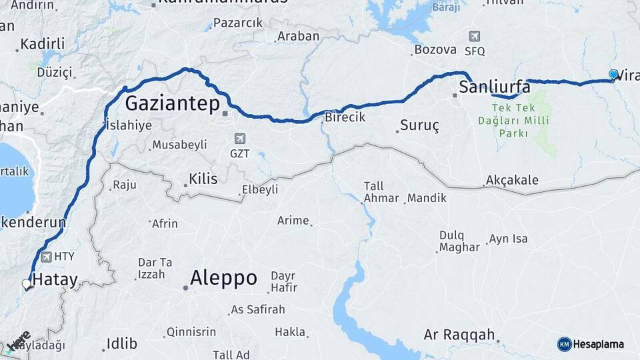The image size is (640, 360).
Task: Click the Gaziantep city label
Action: pyautogui.click(x=173, y=103)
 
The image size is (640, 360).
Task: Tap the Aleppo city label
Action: pyautogui.click(x=223, y=278)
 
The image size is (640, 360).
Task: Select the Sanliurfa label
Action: pyautogui.click(x=495, y=87)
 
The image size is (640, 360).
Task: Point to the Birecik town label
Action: pyautogui.click(x=345, y=117)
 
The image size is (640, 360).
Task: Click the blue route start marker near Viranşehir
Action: pyautogui.click(x=613, y=74)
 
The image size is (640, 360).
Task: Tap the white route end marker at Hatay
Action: pyautogui.click(x=27, y=284)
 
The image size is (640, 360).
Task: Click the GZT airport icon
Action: pyautogui.click(x=240, y=139)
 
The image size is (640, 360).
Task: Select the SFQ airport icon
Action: pyautogui.click(x=474, y=37)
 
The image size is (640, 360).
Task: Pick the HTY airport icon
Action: pyautogui.click(x=46, y=257)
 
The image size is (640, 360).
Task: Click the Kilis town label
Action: pyautogui.click(x=203, y=179)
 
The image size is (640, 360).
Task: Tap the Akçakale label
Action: pyautogui.click(x=512, y=180)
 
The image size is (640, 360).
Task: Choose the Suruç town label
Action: pyautogui.click(x=419, y=125)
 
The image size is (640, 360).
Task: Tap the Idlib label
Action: pyautogui.click(x=121, y=344)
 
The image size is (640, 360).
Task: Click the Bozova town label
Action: pyautogui.click(x=435, y=49)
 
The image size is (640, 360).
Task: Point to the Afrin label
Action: pyautogui.click(x=165, y=223)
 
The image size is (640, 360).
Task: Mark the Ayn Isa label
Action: pyautogui.click(x=508, y=239)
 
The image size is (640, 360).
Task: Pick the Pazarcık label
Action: pyautogui.click(x=238, y=23)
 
